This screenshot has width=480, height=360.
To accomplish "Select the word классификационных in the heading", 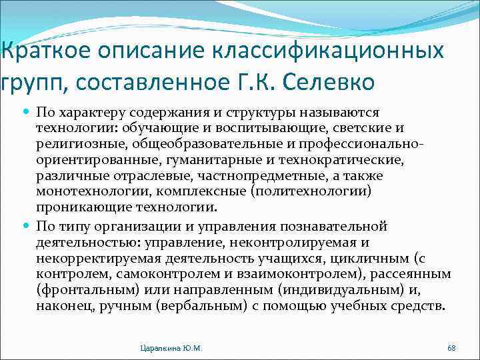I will tap(337, 51).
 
